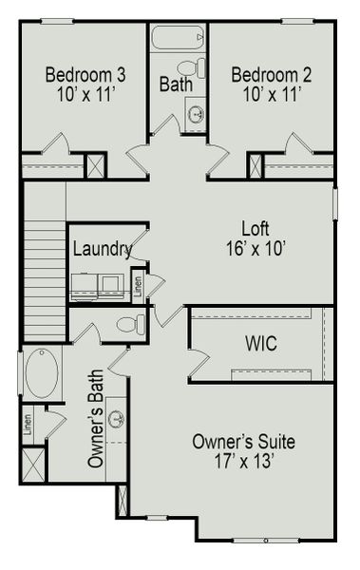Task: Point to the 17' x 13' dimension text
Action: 243,463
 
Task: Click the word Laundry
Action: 102,250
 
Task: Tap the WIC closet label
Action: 259,343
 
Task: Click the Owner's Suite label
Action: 243,442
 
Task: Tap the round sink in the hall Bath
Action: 196,114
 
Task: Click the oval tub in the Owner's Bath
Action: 41,373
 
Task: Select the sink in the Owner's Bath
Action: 117,419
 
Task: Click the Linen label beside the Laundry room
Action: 138,285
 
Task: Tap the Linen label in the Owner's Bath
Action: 28,422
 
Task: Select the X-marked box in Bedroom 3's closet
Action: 96,164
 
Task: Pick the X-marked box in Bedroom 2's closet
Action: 255,164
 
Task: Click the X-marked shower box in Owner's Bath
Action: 32,464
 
